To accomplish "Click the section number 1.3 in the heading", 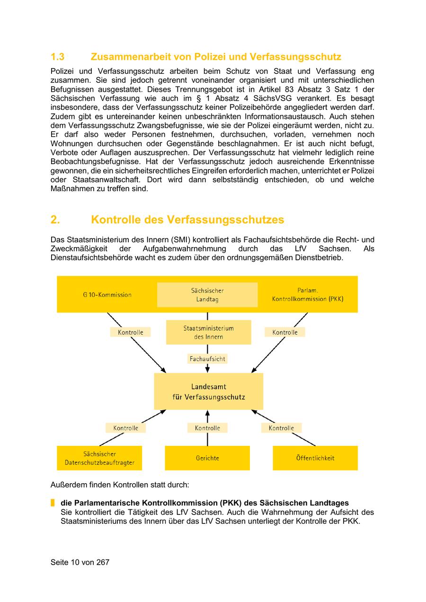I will coord(57,57).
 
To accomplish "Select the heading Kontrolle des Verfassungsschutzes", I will coord(187,220).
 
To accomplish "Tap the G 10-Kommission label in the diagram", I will coord(107,294).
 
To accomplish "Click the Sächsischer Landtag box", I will coord(207,295).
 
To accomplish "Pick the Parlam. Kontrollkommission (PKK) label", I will coord(308,294).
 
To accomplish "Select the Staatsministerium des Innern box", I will coord(208,332).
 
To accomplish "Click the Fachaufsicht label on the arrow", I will coord(207,359).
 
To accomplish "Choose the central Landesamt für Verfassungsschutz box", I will coord(208,391).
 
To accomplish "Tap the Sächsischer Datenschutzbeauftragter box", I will coord(99,458).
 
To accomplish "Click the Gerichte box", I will coord(207,458).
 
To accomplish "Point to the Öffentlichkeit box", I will coord(315,458).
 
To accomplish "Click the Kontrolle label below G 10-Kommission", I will coord(131,332).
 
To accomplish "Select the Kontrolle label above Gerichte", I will coord(207,428).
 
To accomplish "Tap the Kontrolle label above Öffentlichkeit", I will coord(281,428).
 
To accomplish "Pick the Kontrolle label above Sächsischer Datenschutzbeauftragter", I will coord(125,428).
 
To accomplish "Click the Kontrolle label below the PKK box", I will coord(285,332).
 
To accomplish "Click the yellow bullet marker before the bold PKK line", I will coord(53,503).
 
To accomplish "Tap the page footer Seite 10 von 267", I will coord(80,562).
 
